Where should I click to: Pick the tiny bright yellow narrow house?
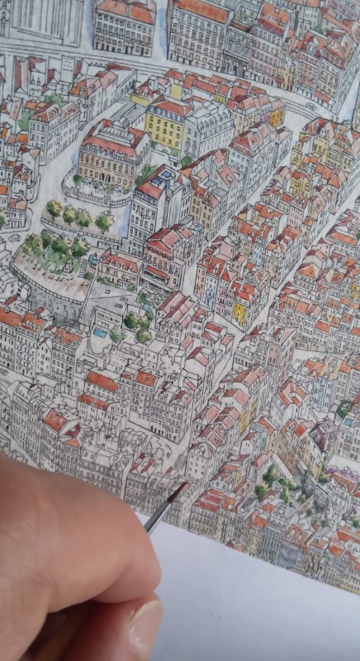(x=239, y=313)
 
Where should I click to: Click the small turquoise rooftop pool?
(x=100, y=332)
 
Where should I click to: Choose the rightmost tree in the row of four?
(x=104, y=221)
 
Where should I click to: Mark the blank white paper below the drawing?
(x=264, y=603)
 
